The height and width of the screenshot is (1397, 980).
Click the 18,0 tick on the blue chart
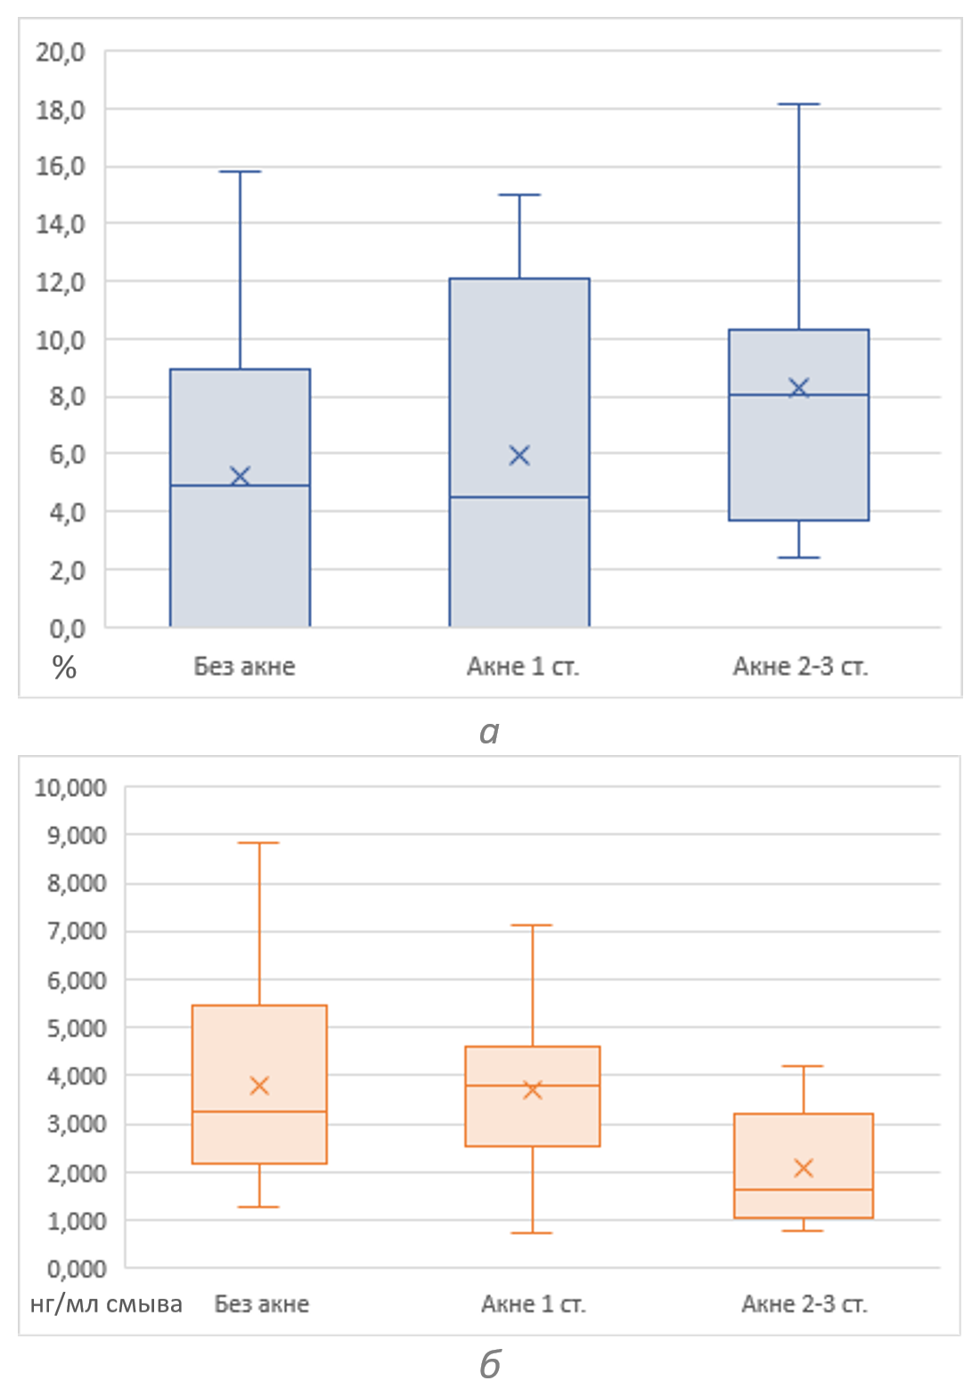61,110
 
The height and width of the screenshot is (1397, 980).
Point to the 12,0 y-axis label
61,282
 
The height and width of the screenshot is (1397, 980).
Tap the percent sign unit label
64,668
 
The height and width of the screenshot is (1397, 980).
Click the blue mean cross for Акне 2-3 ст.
799,387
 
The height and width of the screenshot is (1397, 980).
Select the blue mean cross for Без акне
240,475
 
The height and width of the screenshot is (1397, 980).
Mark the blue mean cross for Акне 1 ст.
519,455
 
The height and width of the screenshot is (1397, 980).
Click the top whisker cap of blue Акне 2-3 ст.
799,104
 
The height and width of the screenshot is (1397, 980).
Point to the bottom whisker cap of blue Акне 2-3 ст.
799,557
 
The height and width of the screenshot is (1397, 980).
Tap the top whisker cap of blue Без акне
240,171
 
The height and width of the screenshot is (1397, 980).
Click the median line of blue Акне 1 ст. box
519,497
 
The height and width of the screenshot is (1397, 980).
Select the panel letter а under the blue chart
489,732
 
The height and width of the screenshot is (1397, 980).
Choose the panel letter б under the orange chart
490,1363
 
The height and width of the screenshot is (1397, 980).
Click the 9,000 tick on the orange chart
70,835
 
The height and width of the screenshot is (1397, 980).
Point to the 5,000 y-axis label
70,1027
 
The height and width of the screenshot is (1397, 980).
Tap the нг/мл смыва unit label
106,1304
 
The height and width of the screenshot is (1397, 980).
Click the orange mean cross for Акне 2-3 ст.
804,1167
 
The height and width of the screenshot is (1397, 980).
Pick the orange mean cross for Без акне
259,1085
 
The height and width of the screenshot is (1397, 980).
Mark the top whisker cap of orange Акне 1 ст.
533,925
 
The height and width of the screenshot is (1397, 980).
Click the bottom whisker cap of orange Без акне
259,1206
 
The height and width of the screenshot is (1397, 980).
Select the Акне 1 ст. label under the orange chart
533,1304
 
